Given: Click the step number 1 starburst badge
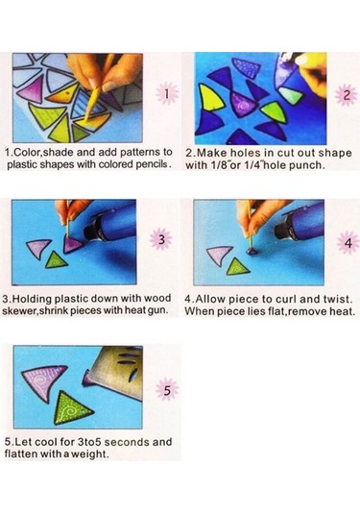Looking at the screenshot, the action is (x=167, y=93).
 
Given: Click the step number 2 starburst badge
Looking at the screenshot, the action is (x=347, y=95).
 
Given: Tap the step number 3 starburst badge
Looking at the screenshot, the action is (x=161, y=239).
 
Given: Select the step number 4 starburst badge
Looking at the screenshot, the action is (x=348, y=243).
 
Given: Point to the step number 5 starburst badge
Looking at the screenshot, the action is (x=167, y=390).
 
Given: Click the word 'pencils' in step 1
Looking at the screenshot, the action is (x=152, y=164).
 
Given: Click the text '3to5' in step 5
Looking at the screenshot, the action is (x=89, y=442).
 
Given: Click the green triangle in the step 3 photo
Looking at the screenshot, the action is (x=56, y=260).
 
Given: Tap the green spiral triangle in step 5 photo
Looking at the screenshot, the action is (x=72, y=407).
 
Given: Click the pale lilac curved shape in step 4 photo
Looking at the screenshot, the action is (x=217, y=254).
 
